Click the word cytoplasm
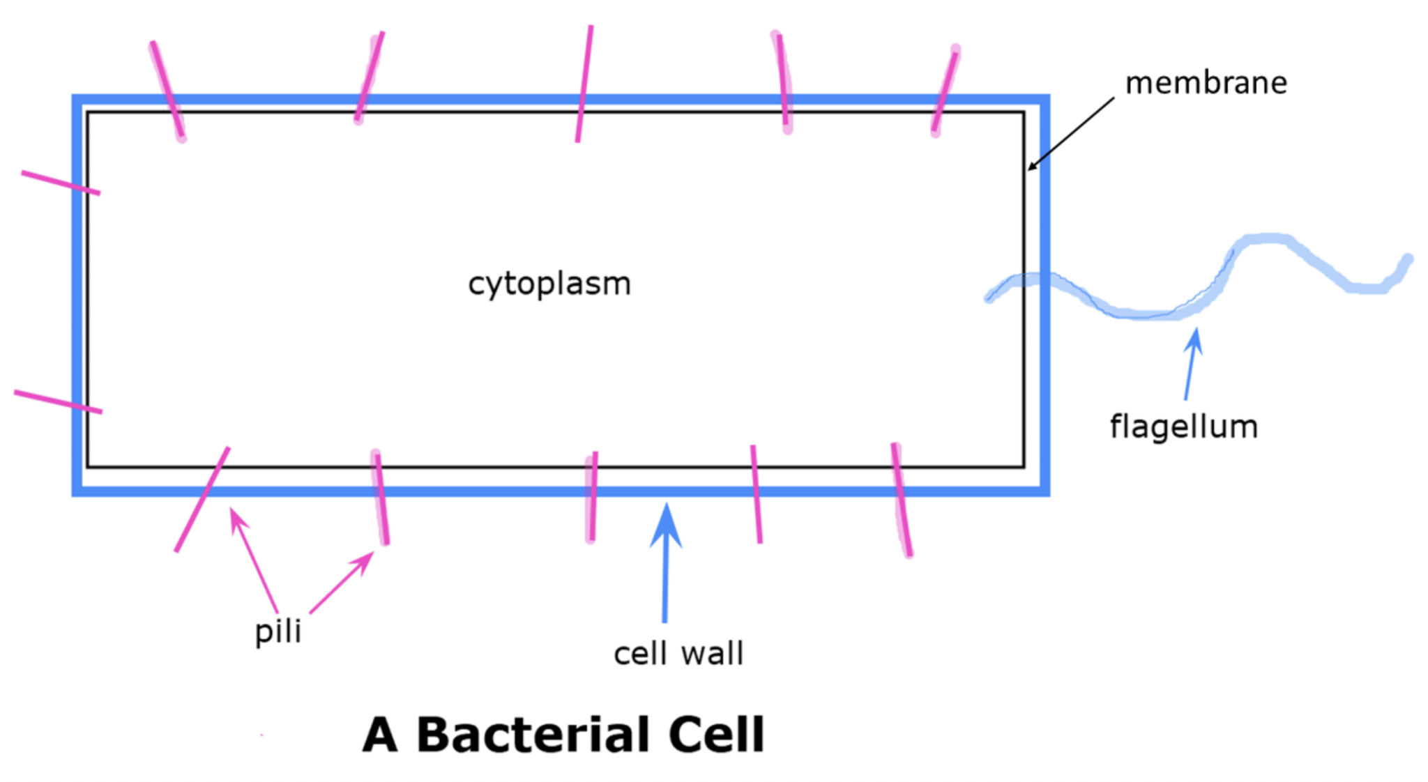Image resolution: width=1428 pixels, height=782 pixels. pos(549,284)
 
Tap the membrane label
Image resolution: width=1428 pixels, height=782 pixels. pos(1206,83)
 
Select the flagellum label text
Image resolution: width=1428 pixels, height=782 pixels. pos(1184,427)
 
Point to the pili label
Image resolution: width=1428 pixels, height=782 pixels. pos(278,631)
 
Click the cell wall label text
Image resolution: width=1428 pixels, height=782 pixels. pos(678,654)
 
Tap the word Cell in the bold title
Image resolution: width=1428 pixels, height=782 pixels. pos(716,735)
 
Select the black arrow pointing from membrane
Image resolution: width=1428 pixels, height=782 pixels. pos(1071,133)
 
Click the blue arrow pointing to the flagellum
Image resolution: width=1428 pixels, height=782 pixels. pos(1192,364)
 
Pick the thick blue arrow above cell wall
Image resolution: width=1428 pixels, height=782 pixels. pos(666,562)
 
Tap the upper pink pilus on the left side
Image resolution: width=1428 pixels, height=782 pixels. pos(61,183)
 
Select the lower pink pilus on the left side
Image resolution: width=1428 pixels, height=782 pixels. pos(58,401)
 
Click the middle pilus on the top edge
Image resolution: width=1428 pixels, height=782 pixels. pos(584,84)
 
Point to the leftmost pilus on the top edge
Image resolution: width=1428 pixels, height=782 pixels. pos(167,90)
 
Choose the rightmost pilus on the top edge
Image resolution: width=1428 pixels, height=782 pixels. pos(945,91)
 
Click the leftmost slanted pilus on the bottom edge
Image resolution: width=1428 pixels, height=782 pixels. pos(202,500)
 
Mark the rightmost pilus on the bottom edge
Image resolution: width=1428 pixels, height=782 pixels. pos(902,500)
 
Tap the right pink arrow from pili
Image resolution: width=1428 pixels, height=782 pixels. pos(342,583)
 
